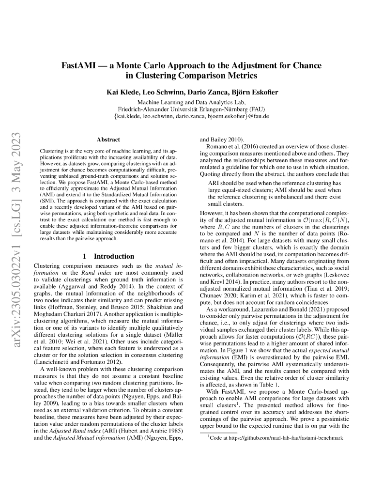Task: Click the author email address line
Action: point(191,116)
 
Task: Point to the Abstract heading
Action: point(108,139)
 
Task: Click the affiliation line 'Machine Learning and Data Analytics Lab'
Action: point(191,102)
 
